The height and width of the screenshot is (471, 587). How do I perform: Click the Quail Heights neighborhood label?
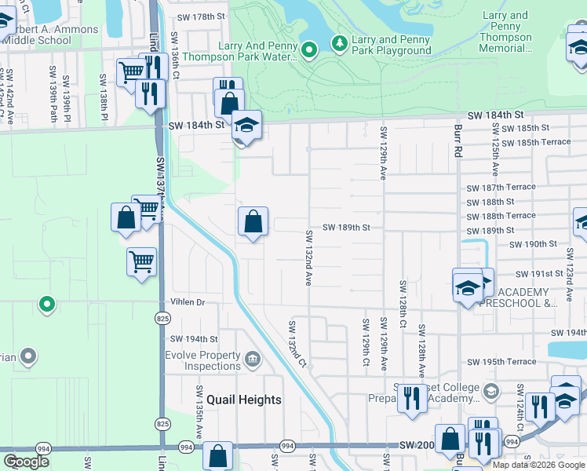point(239,400)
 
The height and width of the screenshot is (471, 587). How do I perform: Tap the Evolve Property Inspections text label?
point(202,360)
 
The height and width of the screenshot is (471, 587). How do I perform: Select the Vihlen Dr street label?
point(187,301)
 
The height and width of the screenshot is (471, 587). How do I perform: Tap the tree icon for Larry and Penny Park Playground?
point(341,41)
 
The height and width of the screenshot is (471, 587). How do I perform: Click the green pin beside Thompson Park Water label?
point(309,51)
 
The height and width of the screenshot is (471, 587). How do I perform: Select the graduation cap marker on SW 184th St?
point(246,126)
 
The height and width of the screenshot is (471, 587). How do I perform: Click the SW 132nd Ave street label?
point(309,257)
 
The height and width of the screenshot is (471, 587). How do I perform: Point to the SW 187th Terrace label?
point(501,187)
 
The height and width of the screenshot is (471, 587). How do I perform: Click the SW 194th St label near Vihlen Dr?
point(194,339)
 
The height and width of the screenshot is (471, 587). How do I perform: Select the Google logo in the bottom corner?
point(27,462)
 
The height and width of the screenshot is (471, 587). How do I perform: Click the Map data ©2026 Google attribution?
point(538,465)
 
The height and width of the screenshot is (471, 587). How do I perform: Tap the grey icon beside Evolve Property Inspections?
point(253,360)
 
